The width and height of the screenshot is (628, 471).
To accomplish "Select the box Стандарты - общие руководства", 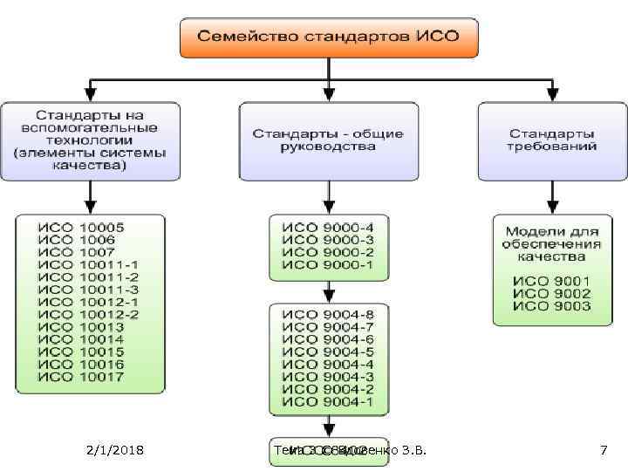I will [x=328, y=140].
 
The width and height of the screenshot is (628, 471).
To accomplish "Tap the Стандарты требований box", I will [x=551, y=140].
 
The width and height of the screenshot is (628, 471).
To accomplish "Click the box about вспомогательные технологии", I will [x=90, y=140].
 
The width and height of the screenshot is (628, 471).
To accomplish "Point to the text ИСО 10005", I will [x=81, y=228].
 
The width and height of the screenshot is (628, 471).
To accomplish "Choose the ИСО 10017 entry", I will [x=81, y=376].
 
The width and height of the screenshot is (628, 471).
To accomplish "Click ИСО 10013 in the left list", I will [x=81, y=326].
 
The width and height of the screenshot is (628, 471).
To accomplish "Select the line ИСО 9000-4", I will [x=328, y=228].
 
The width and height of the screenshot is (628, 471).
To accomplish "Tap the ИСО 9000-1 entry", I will [x=328, y=264].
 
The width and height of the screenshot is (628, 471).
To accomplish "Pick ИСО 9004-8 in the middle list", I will [x=328, y=314].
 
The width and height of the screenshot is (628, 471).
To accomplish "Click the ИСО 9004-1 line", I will [x=328, y=401].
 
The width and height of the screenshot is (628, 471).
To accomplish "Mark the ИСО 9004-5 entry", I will [x=328, y=352].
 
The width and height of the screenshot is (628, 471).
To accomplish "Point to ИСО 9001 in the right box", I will [x=551, y=282].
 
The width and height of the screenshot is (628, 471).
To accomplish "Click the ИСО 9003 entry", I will [x=551, y=306].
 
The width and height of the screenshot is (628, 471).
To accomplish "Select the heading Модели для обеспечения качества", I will [x=551, y=244].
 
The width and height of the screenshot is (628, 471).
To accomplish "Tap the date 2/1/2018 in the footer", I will [x=116, y=450].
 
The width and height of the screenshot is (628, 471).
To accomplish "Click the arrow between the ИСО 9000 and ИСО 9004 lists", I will [x=328, y=291].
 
